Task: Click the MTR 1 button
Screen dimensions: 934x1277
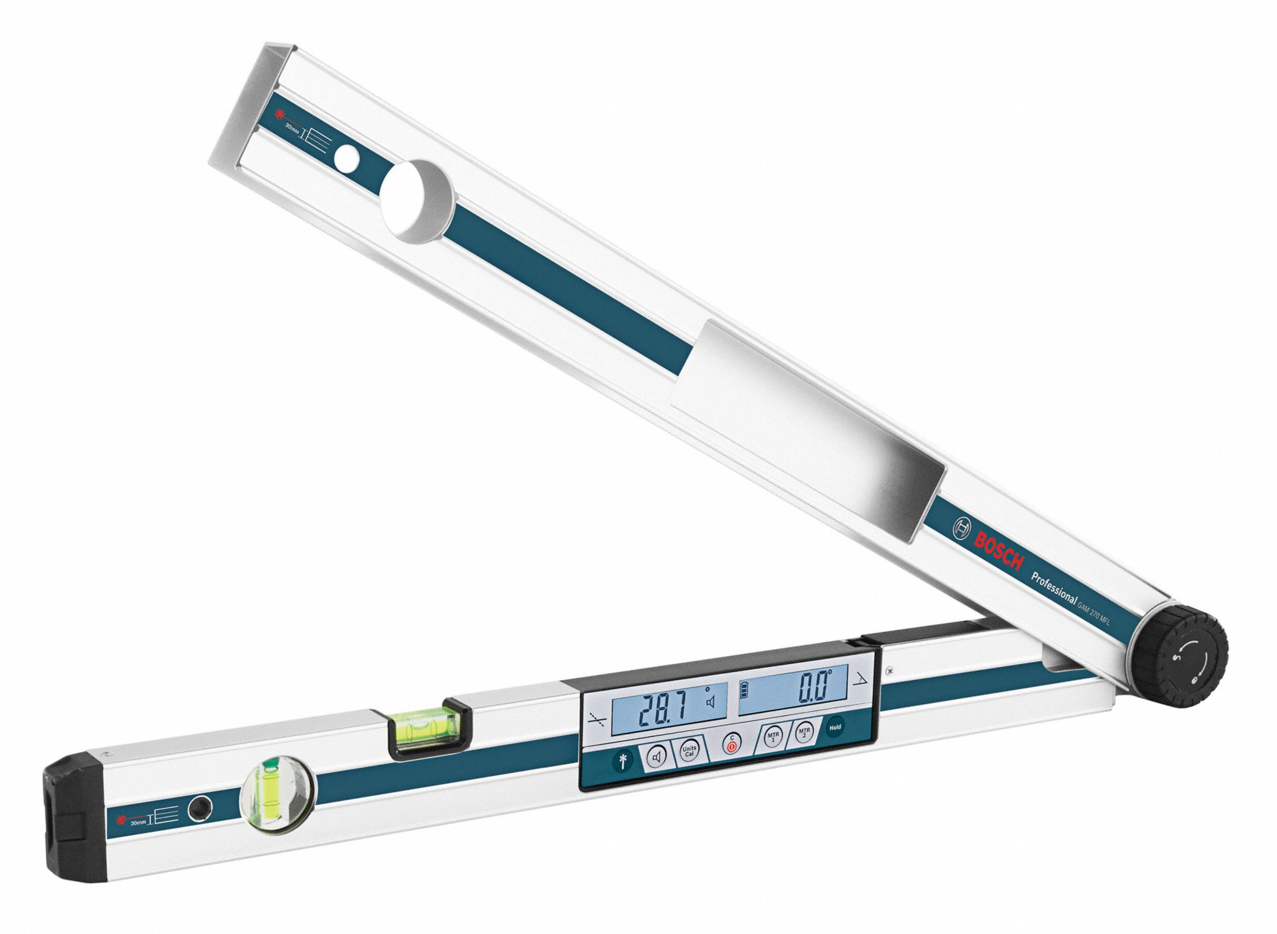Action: tap(773, 738)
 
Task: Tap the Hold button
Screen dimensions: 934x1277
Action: tap(835, 727)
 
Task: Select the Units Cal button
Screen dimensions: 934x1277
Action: tap(689, 751)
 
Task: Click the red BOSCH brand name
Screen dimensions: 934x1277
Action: tap(999, 548)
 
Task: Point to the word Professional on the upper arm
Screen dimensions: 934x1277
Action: tap(1054, 587)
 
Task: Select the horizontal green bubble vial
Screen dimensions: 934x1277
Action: tap(424, 728)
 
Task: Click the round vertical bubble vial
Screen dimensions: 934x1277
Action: tap(278, 795)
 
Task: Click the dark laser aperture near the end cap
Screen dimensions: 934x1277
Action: tap(200, 808)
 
